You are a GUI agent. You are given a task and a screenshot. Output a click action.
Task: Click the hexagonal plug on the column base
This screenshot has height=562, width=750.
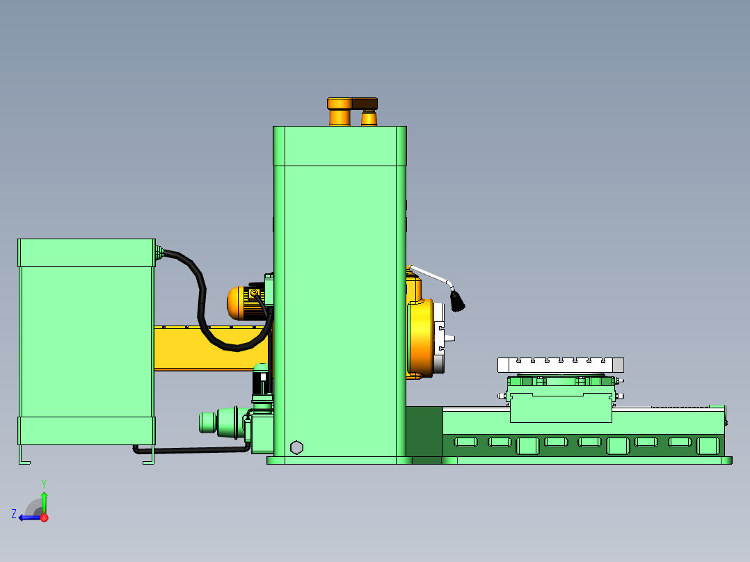[296, 447]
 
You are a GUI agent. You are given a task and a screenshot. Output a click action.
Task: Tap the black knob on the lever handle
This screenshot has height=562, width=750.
[457, 301]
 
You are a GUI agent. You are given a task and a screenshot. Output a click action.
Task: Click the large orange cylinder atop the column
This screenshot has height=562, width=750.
[340, 113]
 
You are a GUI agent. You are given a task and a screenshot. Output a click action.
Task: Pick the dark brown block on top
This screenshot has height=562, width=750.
[365, 104]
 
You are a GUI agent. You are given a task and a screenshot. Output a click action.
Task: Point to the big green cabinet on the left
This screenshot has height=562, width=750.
[86, 341]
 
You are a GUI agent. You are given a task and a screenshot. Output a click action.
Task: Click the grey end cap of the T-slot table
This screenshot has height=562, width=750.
[617, 365]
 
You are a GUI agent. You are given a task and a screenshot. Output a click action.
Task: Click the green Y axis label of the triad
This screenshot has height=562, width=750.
[43, 482]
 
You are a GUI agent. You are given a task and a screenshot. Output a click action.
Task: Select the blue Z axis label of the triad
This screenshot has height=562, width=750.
[14, 514]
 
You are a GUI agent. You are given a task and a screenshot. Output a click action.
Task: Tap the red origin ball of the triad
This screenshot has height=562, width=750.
[44, 517]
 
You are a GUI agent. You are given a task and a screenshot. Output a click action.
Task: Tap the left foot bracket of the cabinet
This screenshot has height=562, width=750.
[24, 455]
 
